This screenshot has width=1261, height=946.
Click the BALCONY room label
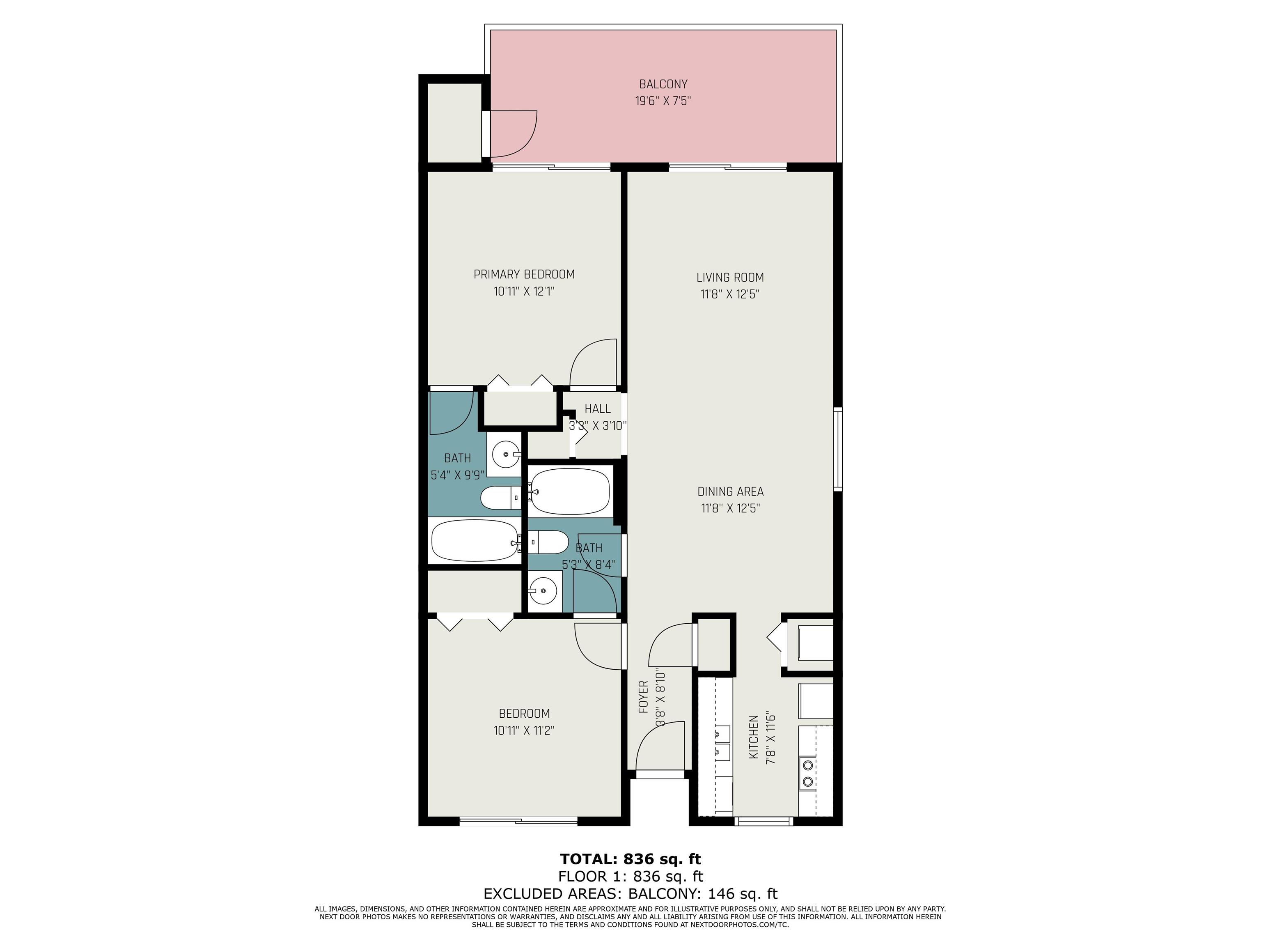click(663, 85)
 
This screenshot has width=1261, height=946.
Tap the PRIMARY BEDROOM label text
click(524, 274)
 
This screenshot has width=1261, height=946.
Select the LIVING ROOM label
click(730, 278)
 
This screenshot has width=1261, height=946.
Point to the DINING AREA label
click(730, 491)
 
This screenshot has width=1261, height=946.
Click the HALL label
click(597, 409)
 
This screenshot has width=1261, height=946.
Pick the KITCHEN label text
click(754, 737)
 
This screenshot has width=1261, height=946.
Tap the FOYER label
click(644, 697)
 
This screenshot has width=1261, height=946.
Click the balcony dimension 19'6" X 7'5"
click(663, 101)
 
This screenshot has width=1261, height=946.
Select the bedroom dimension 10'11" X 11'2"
click(524, 730)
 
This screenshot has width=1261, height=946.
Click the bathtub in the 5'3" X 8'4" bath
click(571, 491)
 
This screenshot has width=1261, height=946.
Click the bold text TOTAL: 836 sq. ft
click(630, 859)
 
